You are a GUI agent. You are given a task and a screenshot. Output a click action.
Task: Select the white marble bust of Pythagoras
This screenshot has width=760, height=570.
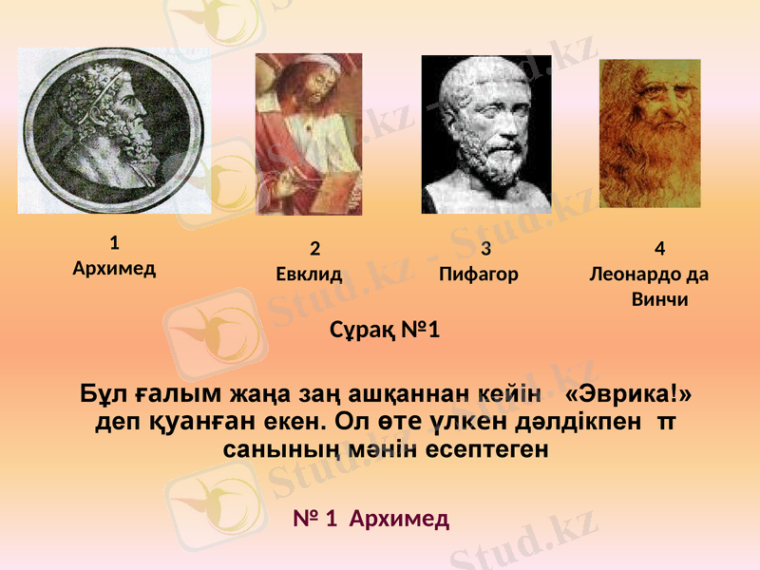486,134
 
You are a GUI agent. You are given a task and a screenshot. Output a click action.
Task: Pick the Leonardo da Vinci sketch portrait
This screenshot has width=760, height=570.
650,133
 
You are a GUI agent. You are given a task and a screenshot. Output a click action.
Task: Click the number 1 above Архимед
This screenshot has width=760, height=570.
114,241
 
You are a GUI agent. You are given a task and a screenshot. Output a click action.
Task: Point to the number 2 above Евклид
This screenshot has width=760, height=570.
315,250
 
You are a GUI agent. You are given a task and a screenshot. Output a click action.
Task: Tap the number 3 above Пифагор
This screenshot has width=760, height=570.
485,250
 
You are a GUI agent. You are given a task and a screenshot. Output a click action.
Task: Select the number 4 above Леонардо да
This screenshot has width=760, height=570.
660,250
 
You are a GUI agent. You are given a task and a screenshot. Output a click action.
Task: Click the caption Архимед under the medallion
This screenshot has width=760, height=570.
114,267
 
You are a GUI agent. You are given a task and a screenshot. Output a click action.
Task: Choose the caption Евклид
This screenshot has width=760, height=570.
309,275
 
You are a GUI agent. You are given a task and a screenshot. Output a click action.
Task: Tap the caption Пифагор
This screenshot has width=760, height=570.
479,275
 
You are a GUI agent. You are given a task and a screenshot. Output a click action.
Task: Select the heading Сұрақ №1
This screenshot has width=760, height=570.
385,332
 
